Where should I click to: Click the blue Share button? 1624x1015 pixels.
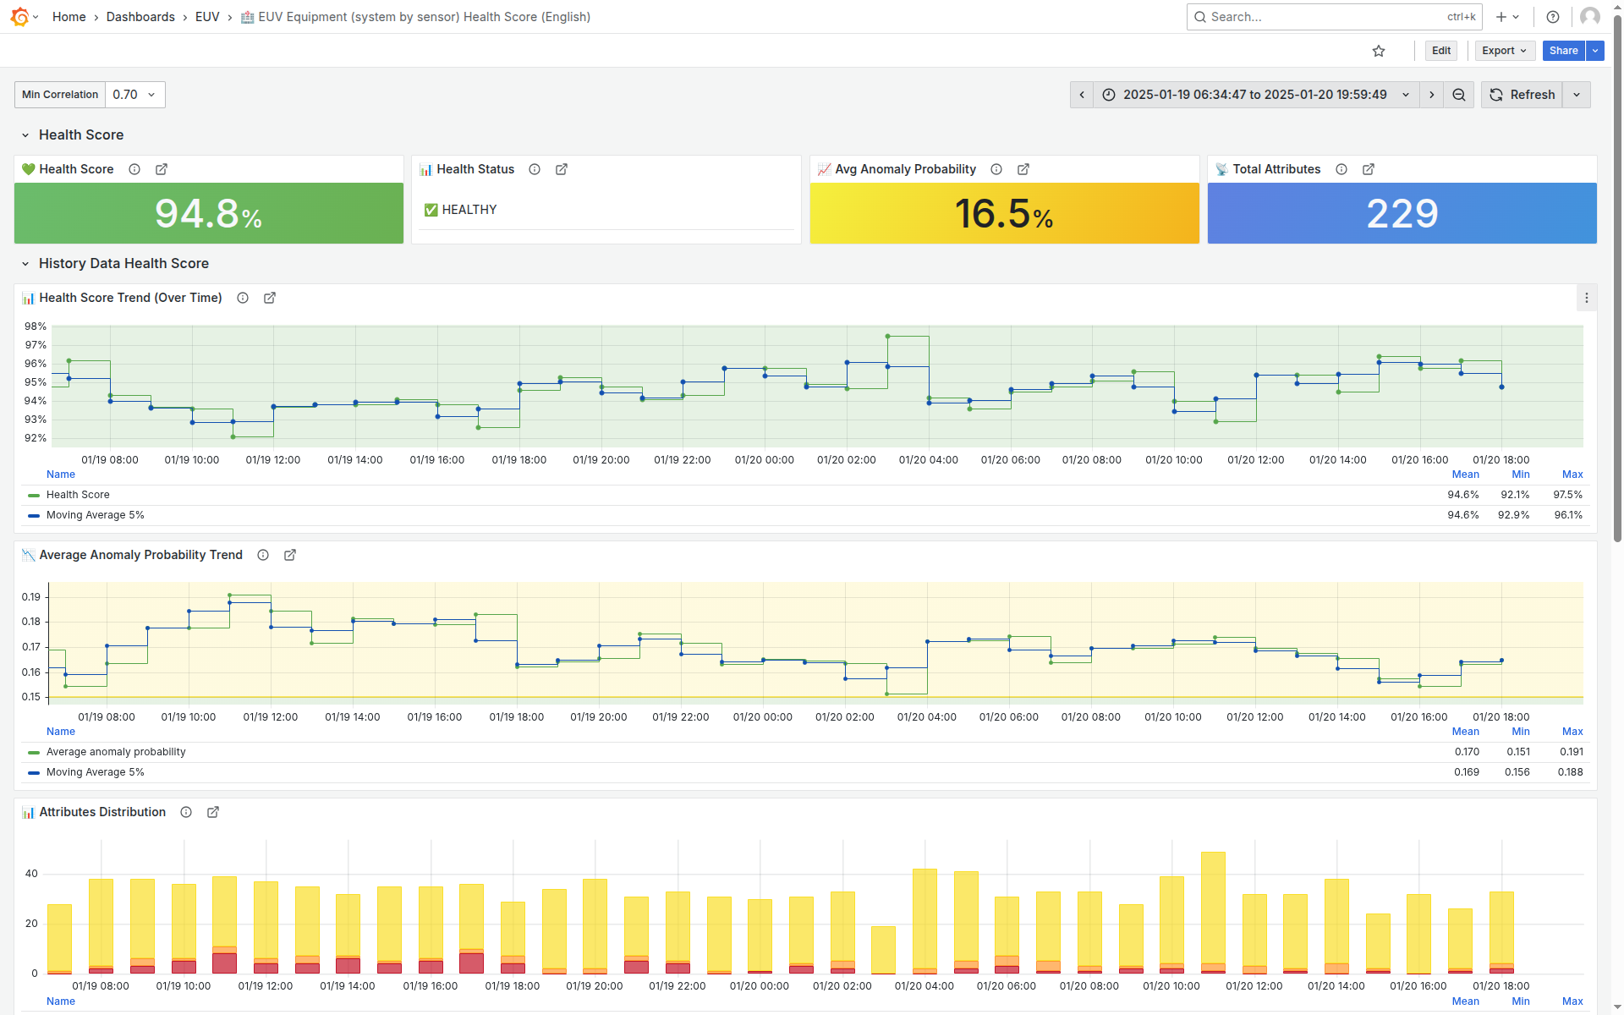(1563, 51)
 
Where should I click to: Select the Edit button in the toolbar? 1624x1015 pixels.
(1441, 51)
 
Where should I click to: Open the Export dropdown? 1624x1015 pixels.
(1504, 51)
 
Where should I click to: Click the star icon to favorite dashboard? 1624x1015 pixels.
(1379, 51)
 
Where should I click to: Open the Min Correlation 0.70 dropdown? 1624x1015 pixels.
(134, 95)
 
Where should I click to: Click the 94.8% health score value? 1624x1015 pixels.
(208, 213)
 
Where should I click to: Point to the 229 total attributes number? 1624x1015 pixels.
(1402, 213)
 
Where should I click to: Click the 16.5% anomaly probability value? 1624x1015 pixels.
(1004, 213)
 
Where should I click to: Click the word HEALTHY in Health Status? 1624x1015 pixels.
(469, 210)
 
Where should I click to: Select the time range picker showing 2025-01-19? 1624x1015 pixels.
(1255, 95)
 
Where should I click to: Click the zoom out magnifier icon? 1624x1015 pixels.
(1459, 95)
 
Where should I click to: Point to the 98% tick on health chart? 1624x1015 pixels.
(36, 326)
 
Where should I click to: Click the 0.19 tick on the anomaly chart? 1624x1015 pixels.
(31, 597)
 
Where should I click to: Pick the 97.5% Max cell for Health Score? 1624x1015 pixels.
(1567, 495)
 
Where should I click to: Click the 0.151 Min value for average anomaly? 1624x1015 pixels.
(1517, 752)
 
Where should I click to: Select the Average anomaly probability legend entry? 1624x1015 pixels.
(116, 752)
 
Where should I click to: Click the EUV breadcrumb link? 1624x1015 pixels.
(207, 17)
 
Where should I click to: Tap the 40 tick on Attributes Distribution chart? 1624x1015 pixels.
(31, 874)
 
